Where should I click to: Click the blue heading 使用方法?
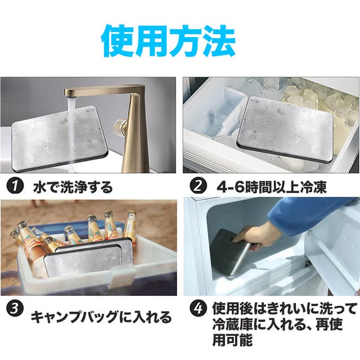coord(169,41)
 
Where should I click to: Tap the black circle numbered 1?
coord(15,186)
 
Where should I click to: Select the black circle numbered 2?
coord(199,186)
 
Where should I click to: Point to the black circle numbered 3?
coord(15,309)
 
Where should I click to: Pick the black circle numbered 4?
coord(199,309)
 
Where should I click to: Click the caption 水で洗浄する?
coord(73,187)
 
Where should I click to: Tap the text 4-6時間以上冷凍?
coord(272,187)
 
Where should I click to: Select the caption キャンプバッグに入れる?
coord(101,317)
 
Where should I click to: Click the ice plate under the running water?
coord(58,138)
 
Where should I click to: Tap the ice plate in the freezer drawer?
coord(285,128)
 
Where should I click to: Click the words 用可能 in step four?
coord(232,340)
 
